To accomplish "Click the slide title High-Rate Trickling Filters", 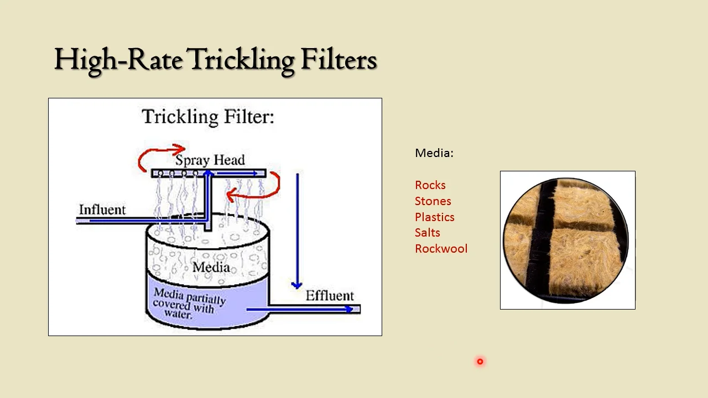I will click(x=215, y=60).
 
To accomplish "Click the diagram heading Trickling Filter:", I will click(x=208, y=117).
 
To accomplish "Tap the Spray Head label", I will click(x=210, y=160).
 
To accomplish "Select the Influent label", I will click(x=102, y=210).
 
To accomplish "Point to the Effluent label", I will click(x=330, y=296).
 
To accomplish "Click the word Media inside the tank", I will click(x=211, y=268).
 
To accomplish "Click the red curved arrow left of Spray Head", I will click(x=158, y=156).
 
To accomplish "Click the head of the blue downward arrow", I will click(x=297, y=285).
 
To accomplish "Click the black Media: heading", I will click(x=434, y=153).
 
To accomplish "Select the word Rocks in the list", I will click(x=430, y=185).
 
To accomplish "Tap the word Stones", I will click(x=433, y=201).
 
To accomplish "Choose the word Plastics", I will click(x=435, y=217).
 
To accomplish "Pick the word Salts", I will click(x=428, y=233).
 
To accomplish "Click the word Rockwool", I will click(x=441, y=249).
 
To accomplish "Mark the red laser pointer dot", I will click(x=480, y=362).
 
